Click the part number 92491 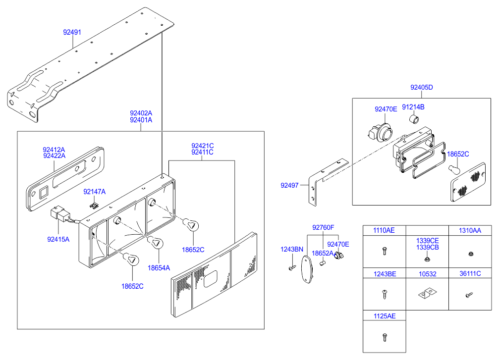click(x=72, y=32)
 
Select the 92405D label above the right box click(x=422, y=88)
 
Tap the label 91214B click(x=413, y=107)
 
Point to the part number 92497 click(x=289, y=186)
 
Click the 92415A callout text click(x=58, y=239)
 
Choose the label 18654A click(x=159, y=268)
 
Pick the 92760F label click(x=323, y=228)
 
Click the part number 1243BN click(x=292, y=249)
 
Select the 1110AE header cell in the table click(x=384, y=230)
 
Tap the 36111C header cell click(x=469, y=273)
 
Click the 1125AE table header click(x=384, y=315)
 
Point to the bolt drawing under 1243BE click(x=384, y=294)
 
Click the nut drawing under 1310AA click(x=469, y=255)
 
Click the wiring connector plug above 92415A click(x=60, y=215)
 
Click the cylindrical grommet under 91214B click(x=414, y=119)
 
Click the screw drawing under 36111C click(x=468, y=295)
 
